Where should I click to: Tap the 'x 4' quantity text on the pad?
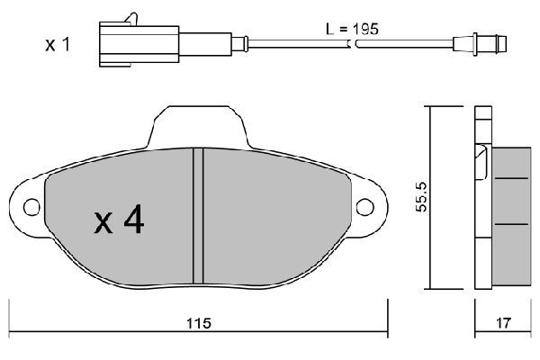[x=119, y=220]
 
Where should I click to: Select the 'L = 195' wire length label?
[x=352, y=29]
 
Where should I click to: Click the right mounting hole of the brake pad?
[x=365, y=208]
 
